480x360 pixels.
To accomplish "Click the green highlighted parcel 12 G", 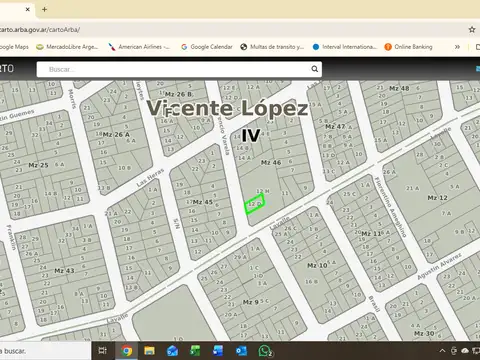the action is click(254, 206).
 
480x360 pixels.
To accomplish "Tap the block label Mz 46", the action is click(271, 162).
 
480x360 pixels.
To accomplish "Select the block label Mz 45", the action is click(202, 202).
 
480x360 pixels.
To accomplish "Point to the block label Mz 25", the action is click(37, 164).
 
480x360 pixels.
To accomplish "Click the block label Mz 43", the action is click(63, 270).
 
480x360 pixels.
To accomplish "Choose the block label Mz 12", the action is click(437, 198).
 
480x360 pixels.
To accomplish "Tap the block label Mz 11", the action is click(370, 233).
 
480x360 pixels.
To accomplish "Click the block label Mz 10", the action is click(317, 265).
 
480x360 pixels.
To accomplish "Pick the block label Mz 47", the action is click(335, 126).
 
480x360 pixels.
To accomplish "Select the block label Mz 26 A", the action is click(115, 134).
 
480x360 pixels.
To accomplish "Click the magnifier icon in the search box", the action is click(314, 69).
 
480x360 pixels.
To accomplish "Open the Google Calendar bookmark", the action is click(206, 46).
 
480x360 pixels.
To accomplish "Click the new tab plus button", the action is click(44, 9).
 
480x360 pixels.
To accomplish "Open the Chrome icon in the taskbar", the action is click(127, 351).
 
